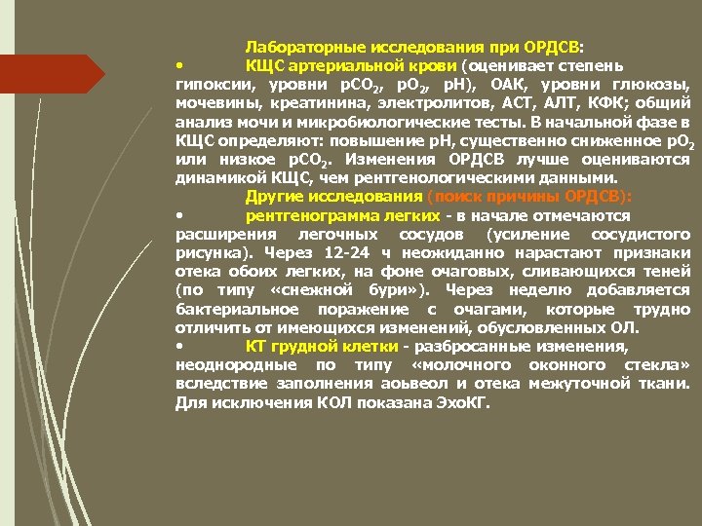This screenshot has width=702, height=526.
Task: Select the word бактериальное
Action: click(232, 308)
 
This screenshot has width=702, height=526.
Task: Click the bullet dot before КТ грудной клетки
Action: click(179, 346)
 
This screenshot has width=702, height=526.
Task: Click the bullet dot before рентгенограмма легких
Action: click(179, 214)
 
